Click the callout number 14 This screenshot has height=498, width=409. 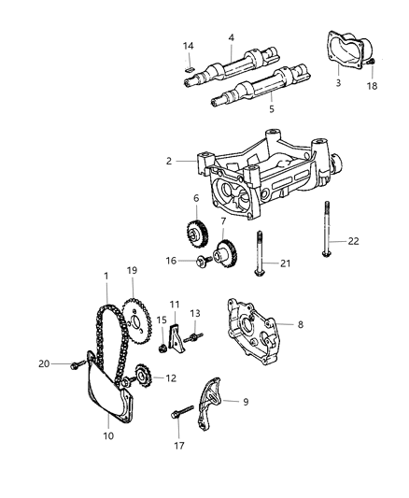click(188, 46)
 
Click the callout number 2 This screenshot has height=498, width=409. click(170, 161)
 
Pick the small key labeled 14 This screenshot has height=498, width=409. click(186, 68)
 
